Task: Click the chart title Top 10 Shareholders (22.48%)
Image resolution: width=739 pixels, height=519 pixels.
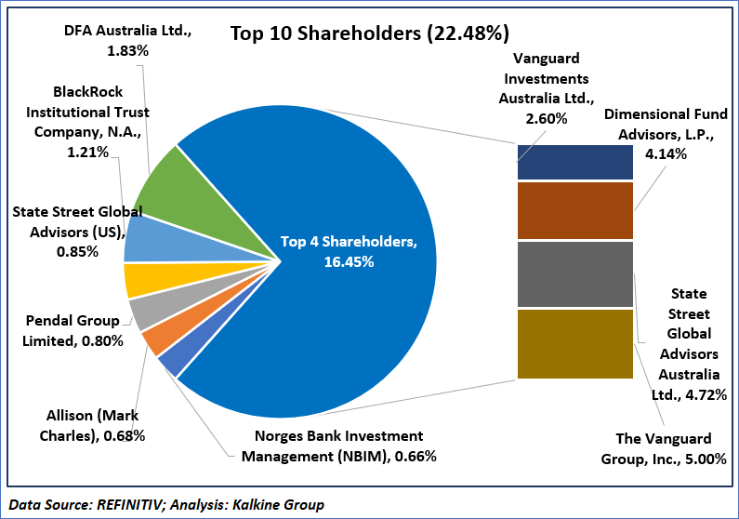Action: [369, 34]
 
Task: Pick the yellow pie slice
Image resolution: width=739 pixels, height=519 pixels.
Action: [141, 279]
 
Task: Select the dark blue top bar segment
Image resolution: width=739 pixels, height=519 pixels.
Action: [574, 162]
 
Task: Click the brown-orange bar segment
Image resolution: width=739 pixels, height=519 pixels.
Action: [574, 210]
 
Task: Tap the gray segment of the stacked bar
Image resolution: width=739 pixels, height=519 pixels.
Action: [574, 273]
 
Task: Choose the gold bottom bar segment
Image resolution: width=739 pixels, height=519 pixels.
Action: [574, 343]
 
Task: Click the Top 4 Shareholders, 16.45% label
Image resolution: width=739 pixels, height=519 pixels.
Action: [349, 252]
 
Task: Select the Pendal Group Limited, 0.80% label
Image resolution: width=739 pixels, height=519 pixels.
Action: [73, 331]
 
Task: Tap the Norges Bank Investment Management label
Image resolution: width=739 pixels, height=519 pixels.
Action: [338, 446]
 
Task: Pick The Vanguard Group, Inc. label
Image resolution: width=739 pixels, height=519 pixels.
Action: [664, 448]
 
